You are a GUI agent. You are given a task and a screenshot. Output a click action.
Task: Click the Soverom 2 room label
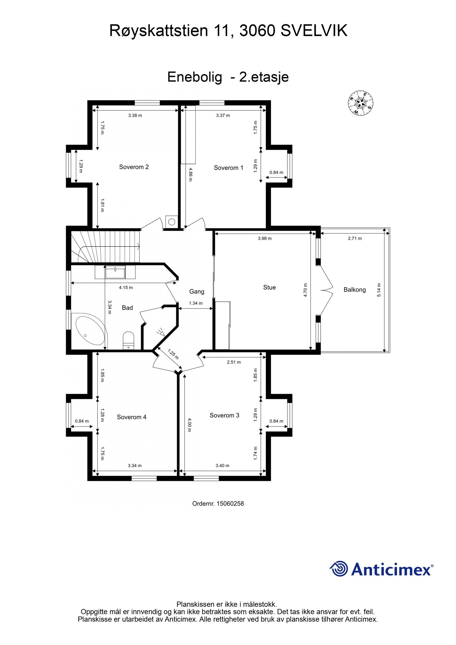tap(134, 167)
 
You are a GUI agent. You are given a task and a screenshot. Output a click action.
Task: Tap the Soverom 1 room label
tap(228, 168)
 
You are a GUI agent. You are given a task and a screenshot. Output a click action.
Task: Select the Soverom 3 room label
tap(224, 415)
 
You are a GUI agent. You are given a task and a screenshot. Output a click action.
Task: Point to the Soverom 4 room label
tap(131, 417)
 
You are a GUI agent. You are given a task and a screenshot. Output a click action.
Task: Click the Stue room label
tap(269, 287)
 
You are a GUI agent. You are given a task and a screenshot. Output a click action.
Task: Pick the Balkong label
tap(354, 290)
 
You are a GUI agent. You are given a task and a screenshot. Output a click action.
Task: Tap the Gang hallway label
tap(197, 291)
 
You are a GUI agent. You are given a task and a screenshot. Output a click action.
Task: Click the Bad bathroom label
tap(127, 308)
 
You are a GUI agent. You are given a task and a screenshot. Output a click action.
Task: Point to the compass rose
tap(360, 103)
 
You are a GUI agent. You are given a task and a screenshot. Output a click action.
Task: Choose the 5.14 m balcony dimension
tap(379, 290)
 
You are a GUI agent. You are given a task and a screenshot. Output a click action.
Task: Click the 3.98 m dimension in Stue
tap(264, 238)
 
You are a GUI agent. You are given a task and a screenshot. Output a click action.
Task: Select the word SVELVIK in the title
tap(314, 30)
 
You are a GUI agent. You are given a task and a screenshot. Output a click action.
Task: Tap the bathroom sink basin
tap(115, 272)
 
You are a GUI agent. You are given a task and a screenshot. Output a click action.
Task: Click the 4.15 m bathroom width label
tap(126, 288)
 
